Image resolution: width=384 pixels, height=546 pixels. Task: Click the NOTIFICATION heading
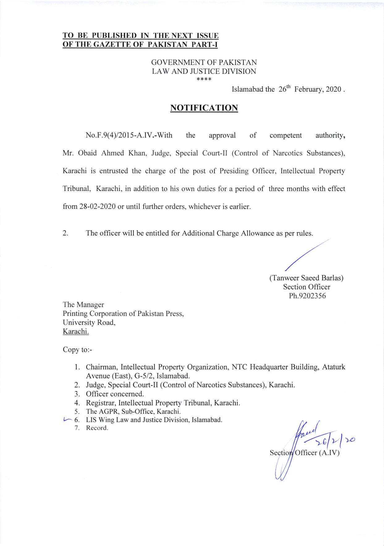204,108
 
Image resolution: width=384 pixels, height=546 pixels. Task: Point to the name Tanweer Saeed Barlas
306,278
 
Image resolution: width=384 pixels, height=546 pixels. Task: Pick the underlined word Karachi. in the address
76,332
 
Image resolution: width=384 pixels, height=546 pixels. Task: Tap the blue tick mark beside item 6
66,420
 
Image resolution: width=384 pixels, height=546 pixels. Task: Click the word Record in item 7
97,428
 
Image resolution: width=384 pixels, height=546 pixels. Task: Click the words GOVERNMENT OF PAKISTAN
204,62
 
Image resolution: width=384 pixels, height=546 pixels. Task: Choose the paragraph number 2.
65,233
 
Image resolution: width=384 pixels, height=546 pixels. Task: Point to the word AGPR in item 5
109,412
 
